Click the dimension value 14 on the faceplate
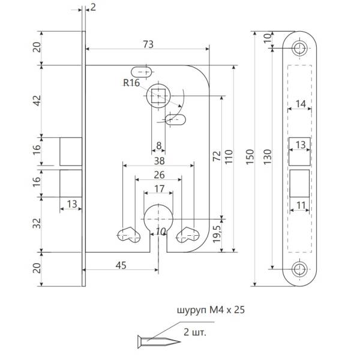point(300,104)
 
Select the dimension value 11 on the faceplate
point(300,205)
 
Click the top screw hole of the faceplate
point(300,47)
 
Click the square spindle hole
point(159,95)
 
